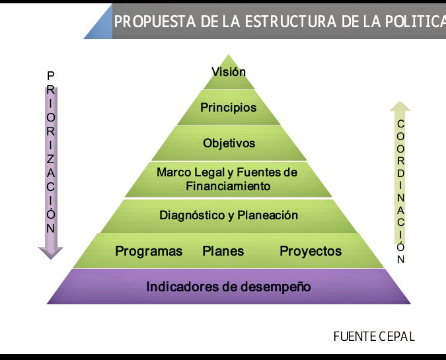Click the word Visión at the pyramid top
pyautogui.click(x=229, y=72)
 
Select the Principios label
pyautogui.click(x=229, y=108)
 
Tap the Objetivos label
pyautogui.click(x=229, y=143)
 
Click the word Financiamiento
pyautogui.click(x=229, y=186)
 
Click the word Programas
pyautogui.click(x=149, y=251)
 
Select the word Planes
pyautogui.click(x=223, y=251)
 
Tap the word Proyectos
pyautogui.click(x=311, y=251)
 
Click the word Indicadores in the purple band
pyautogui.click(x=184, y=287)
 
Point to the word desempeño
pyautogui.click(x=268, y=287)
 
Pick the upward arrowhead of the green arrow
pyautogui.click(x=400, y=106)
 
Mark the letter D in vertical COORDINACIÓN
pyautogui.click(x=401, y=173)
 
